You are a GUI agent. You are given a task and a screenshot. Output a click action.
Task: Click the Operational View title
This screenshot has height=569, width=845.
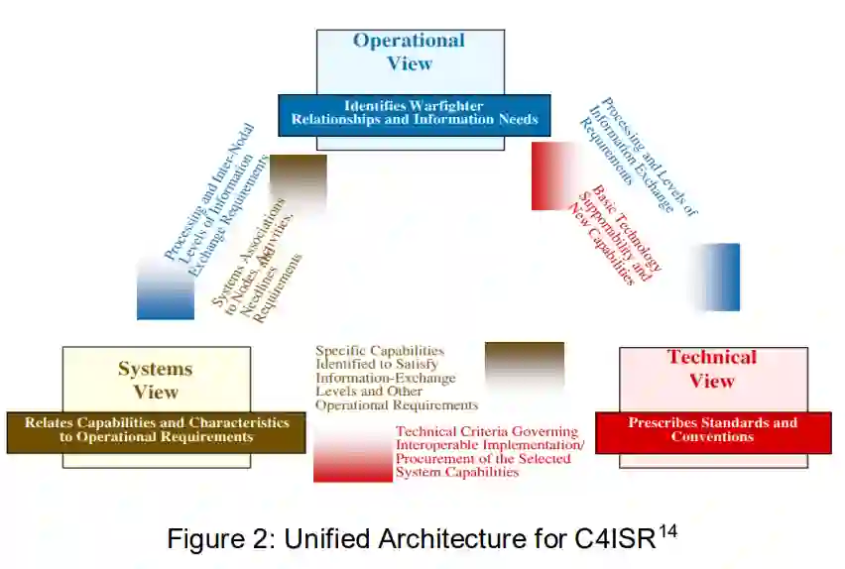[409, 52]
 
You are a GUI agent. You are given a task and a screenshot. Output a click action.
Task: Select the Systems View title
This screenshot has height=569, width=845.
[155, 380]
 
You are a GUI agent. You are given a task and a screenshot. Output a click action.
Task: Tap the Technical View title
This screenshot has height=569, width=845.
[712, 369]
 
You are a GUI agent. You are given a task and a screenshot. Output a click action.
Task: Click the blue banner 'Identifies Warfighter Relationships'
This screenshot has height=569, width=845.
[414, 113]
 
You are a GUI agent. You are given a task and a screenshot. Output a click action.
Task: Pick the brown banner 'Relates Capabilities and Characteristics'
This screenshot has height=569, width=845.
[156, 430]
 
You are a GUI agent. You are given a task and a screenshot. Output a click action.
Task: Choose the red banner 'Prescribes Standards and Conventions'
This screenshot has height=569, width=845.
[712, 430]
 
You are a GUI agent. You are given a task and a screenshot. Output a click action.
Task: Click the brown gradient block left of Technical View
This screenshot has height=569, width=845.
[524, 365]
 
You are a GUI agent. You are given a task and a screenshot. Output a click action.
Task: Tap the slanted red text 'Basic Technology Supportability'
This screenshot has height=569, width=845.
[616, 234]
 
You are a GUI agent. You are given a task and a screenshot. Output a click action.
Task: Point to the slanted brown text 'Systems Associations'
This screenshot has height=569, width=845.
[251, 253]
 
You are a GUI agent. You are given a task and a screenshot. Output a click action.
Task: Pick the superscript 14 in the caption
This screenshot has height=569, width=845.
[667, 530]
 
